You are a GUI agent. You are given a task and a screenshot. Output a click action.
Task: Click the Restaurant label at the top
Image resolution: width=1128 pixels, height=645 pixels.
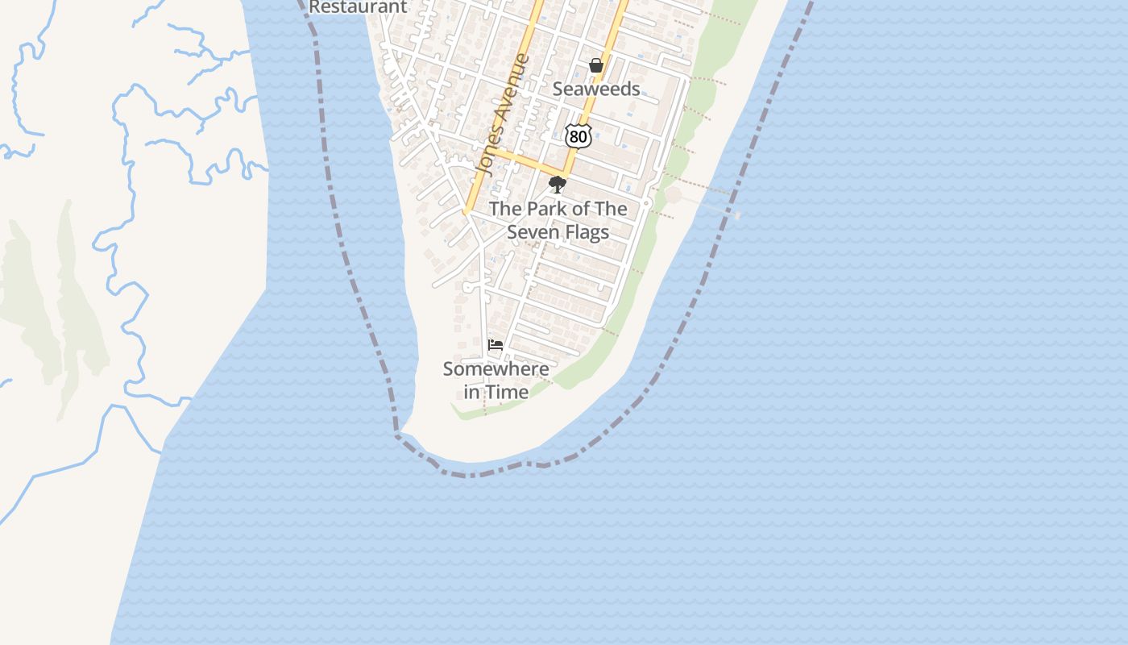point(358,6)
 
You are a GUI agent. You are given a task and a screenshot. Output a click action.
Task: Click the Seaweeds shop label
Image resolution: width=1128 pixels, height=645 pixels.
point(596,89)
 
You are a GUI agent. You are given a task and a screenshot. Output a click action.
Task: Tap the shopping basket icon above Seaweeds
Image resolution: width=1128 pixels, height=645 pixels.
point(596,65)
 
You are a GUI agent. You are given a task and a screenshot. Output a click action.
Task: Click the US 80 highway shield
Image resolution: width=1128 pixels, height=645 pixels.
point(578,136)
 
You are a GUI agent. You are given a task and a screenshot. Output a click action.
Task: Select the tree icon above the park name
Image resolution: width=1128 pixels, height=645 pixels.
point(557,185)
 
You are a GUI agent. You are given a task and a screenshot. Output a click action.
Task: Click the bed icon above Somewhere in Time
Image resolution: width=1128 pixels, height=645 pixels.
point(496,345)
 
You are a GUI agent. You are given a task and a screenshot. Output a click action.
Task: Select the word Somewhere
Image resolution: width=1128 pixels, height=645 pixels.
point(496,369)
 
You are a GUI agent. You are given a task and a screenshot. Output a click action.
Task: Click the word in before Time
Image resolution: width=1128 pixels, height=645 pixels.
point(472,393)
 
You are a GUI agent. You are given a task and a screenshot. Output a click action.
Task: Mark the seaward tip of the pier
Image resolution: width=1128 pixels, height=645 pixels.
point(737,215)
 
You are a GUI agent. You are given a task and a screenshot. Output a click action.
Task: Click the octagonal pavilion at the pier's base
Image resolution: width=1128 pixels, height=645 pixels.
point(673,195)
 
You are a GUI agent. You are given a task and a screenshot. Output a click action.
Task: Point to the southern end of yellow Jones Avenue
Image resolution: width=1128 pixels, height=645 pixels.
point(467,212)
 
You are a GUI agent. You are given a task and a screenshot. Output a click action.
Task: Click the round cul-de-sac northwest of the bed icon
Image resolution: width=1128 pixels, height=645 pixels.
point(467,287)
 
